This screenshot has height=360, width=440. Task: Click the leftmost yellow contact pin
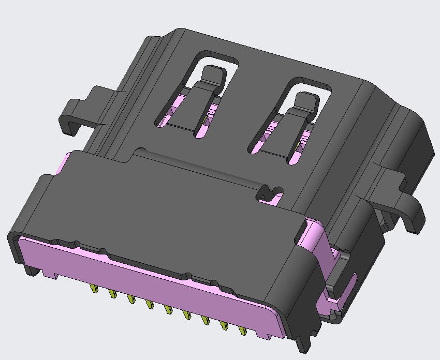pyautogui.click(x=94, y=289)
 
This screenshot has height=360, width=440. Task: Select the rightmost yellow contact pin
pyautogui.click(x=242, y=330)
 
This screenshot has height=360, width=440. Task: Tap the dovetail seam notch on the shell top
pyautogui.click(x=270, y=194)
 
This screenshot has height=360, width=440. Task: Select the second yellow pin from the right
pyautogui.click(x=224, y=325)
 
